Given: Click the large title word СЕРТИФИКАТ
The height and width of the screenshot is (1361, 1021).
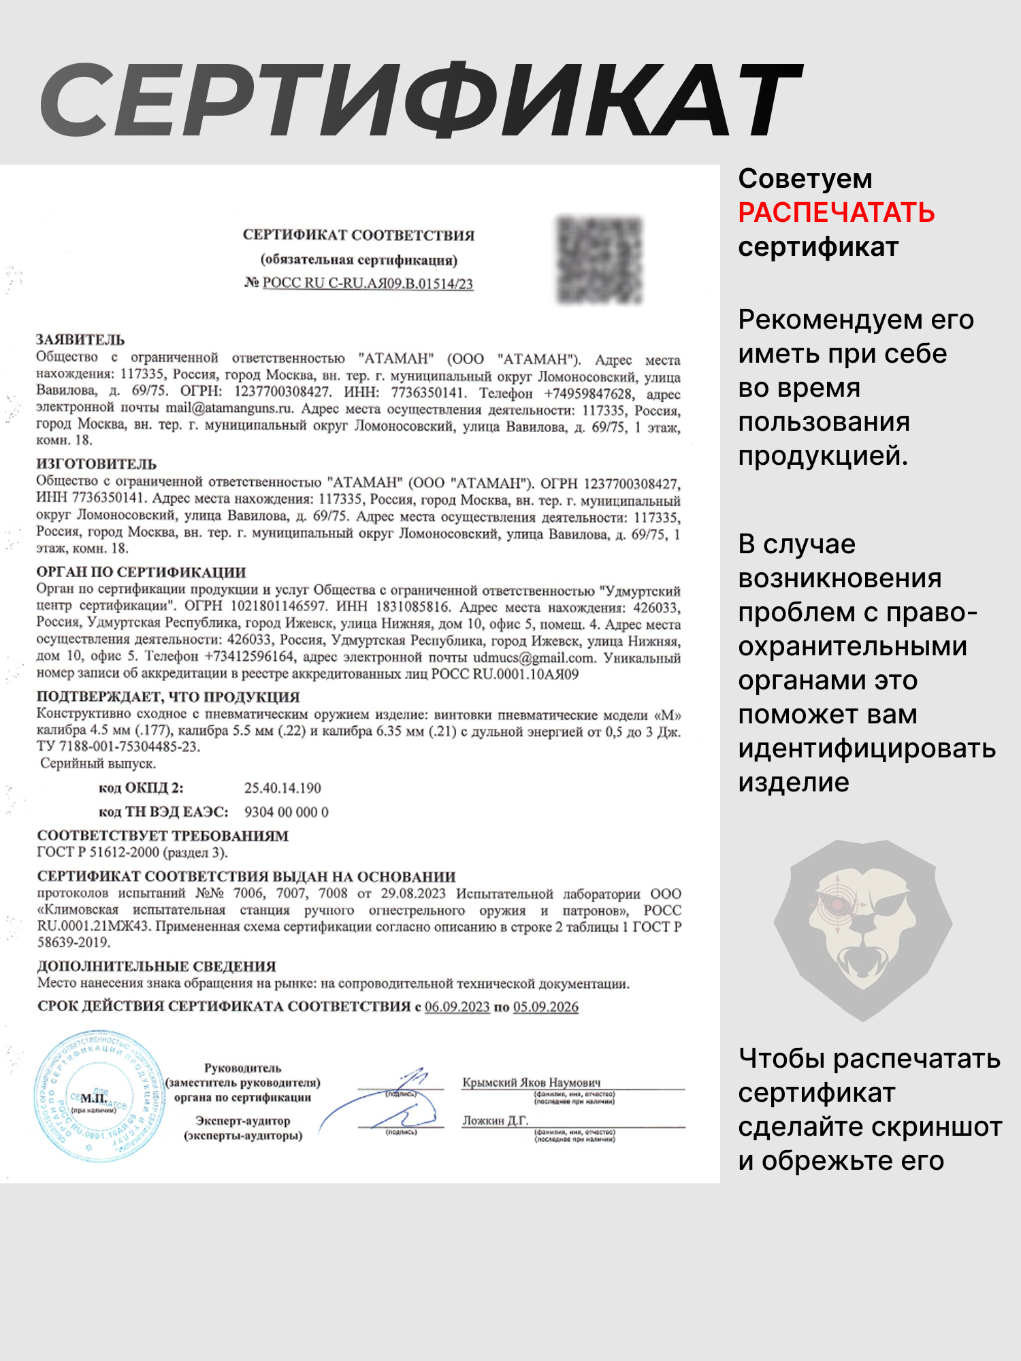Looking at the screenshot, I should (422, 101).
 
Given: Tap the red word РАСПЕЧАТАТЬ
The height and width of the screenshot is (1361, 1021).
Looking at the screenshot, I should (836, 213).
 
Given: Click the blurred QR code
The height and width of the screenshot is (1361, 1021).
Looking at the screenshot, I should (600, 260).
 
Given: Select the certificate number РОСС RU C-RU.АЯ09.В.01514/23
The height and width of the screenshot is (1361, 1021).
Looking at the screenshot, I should (368, 284).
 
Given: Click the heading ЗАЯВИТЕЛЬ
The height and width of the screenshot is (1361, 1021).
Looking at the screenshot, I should (80, 340).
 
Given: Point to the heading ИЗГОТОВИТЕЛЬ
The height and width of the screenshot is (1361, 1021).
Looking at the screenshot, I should (96, 464).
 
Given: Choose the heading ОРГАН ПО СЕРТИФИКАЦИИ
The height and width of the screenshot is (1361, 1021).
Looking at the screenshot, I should (141, 572).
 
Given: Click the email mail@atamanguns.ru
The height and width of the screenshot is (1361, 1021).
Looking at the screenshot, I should (229, 409).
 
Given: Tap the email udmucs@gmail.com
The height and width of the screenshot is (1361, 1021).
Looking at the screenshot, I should (533, 658).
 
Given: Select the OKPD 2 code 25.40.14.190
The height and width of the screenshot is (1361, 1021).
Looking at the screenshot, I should (282, 788).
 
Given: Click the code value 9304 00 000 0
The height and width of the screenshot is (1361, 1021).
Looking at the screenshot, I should (286, 812).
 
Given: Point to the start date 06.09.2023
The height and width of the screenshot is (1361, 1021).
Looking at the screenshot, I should (457, 1007).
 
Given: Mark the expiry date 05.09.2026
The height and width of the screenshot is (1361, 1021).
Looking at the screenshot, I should (546, 1007).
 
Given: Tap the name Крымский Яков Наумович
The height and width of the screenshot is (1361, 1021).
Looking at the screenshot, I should (532, 1082).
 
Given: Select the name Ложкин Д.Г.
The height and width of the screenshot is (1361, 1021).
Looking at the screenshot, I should (495, 1120).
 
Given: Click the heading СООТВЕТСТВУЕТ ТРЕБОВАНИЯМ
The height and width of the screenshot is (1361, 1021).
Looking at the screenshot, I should (163, 836).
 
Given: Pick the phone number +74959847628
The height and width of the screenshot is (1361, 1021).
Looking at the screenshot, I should (588, 393).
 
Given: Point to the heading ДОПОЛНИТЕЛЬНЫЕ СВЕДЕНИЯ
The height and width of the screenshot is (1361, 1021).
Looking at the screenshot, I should (157, 966).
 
